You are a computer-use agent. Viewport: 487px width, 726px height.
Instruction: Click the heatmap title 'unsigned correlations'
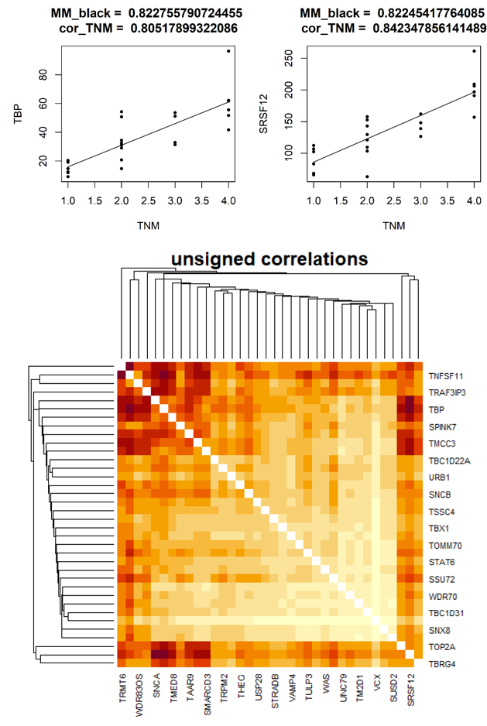(269, 258)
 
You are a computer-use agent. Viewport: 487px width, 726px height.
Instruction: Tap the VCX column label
(377, 684)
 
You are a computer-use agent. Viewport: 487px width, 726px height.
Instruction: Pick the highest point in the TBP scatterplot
(228, 51)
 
